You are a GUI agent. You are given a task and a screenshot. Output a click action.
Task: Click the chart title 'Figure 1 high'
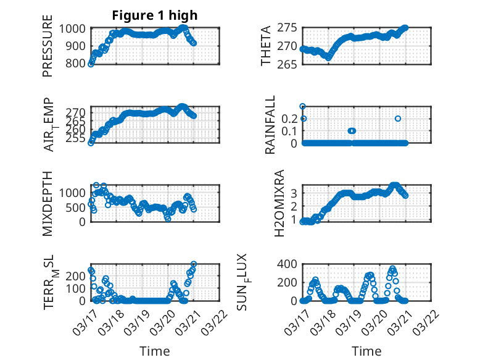[x=155, y=15]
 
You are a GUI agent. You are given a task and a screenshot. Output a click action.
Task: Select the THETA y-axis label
[x=266, y=47]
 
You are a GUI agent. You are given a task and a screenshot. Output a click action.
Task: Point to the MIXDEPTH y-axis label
[x=48, y=204]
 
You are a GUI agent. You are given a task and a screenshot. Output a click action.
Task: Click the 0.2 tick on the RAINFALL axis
[x=291, y=118]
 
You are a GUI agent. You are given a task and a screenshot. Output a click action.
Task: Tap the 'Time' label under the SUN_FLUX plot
[x=366, y=351]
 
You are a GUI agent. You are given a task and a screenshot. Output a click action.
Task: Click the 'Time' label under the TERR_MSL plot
[x=155, y=351]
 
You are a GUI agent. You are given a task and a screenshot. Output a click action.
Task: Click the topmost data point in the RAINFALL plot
[x=302, y=106]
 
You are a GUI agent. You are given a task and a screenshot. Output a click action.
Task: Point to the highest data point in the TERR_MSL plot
[x=194, y=264]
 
